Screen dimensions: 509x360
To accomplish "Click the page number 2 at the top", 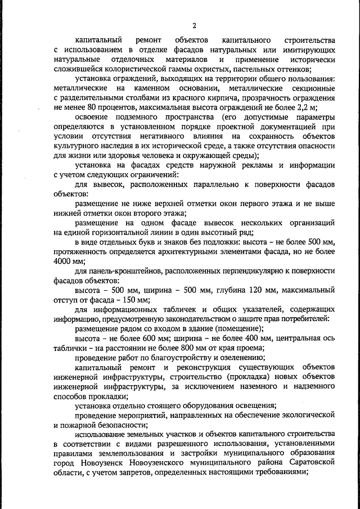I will tap(194, 25).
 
